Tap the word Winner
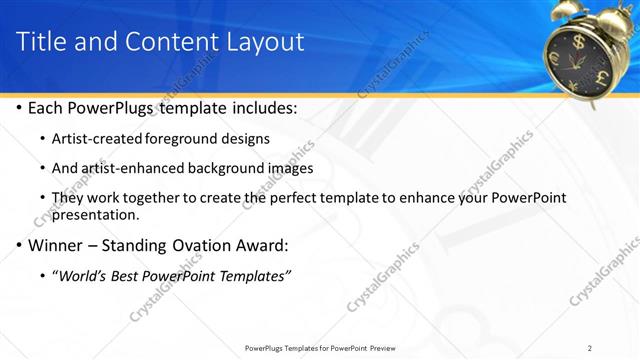point(56,245)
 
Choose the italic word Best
point(132,275)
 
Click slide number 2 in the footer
point(590,348)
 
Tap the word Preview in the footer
point(389,348)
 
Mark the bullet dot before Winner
point(19,245)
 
